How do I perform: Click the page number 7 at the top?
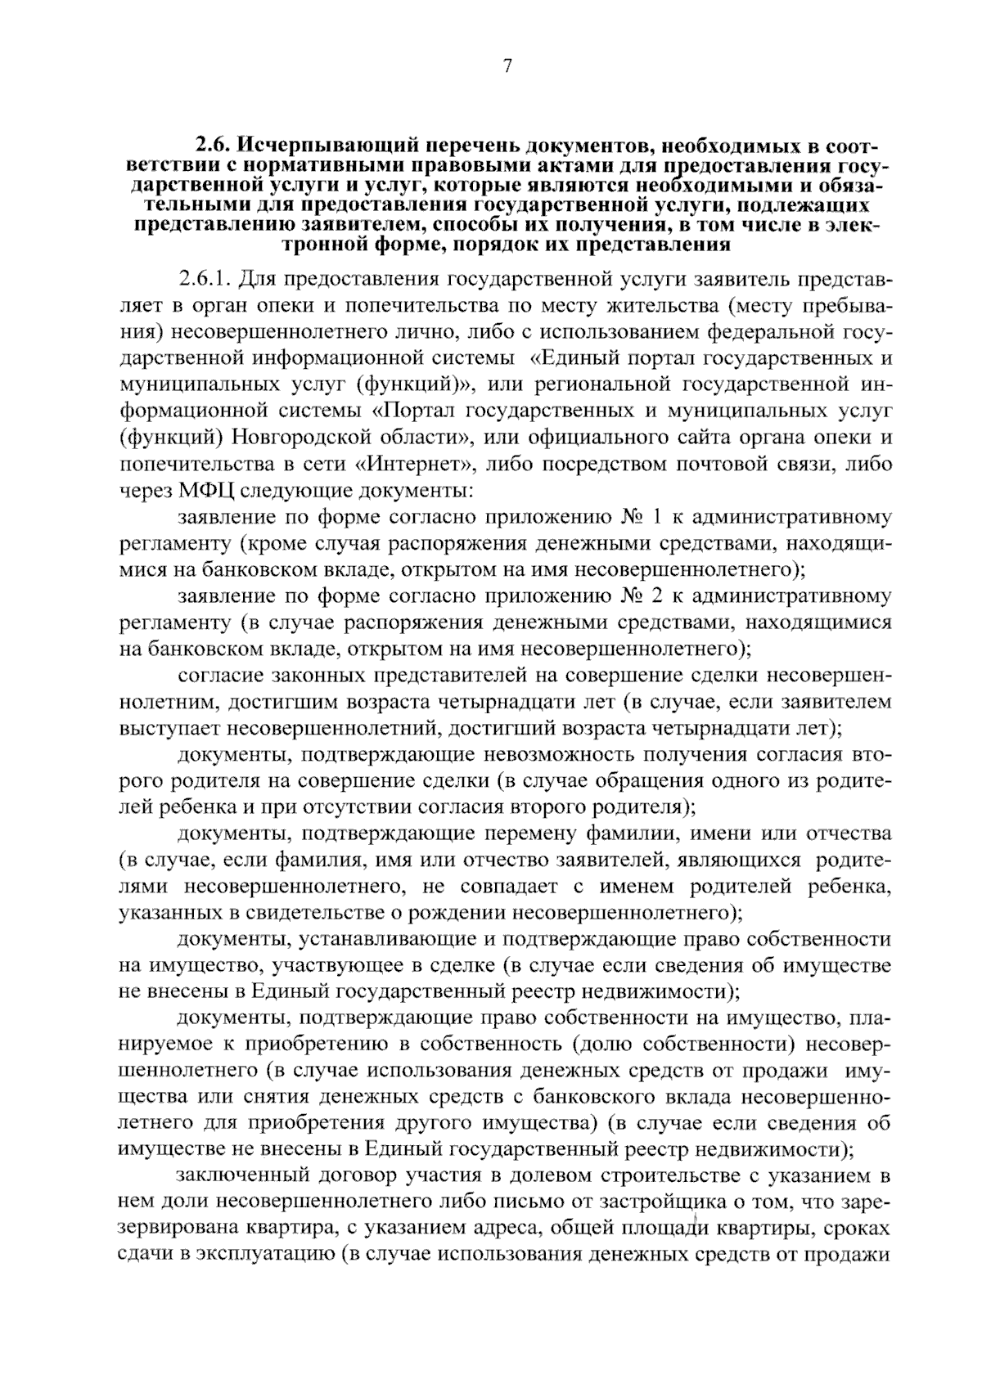(507, 67)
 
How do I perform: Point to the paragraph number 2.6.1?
(205, 280)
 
